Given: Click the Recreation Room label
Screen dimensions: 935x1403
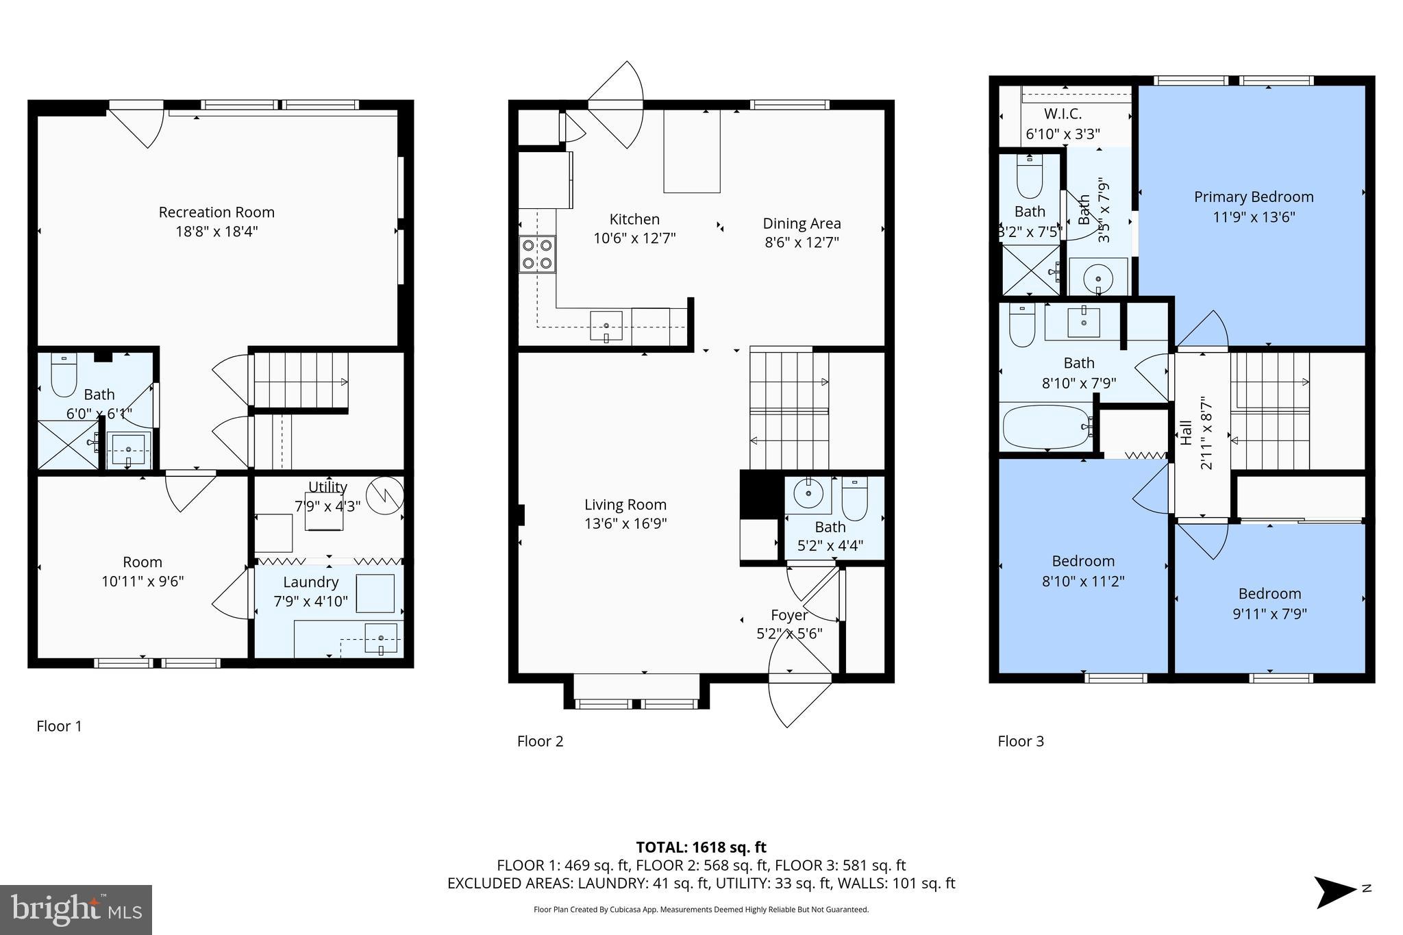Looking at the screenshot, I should coord(216,212).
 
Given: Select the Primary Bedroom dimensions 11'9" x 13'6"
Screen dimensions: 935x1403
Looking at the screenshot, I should coord(1254,217).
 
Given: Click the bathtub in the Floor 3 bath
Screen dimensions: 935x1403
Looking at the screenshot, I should coord(1046,427).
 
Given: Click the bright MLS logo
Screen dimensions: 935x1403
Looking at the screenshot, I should coord(76,910).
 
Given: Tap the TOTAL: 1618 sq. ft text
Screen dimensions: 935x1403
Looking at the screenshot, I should coord(701,847).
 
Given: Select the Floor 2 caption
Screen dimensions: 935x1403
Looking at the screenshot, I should coord(540,741).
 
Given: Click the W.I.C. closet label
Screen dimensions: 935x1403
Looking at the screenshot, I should coord(1063,114).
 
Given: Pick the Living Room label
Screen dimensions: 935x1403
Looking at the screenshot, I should coord(625,505).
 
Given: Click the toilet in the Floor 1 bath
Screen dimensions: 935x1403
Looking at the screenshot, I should coord(64,376).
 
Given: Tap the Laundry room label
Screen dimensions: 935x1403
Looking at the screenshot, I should coord(311,582).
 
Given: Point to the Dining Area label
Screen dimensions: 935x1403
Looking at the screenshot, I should coord(802,223).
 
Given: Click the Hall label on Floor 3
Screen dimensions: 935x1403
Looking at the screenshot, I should coord(1187,433).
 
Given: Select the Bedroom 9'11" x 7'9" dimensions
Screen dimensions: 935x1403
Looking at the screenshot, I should coord(1269,614).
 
